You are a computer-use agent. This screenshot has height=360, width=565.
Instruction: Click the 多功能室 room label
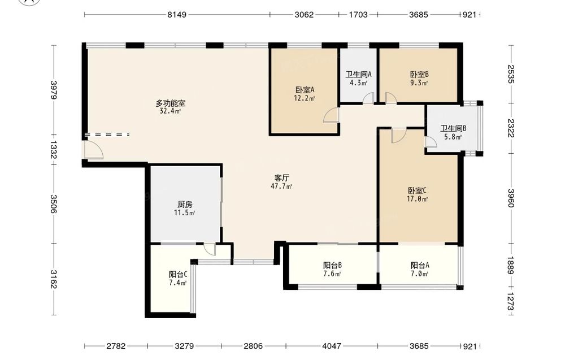[x=171, y=103]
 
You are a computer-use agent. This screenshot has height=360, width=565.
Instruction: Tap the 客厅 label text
[x=282, y=178]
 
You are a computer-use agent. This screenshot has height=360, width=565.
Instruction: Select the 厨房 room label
[x=185, y=205]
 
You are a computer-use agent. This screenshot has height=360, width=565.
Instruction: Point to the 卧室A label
[x=305, y=90]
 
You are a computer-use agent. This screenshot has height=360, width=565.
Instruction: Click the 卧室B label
[x=419, y=75]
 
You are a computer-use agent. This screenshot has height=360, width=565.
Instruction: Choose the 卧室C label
[x=418, y=190]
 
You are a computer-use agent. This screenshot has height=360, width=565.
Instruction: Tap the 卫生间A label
[x=359, y=75]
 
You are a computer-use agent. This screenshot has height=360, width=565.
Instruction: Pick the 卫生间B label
[x=453, y=128]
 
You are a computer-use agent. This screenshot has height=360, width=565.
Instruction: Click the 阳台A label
[x=420, y=266]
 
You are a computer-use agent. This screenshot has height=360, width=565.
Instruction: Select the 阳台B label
[x=332, y=266]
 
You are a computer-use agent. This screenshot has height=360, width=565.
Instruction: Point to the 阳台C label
[x=178, y=275]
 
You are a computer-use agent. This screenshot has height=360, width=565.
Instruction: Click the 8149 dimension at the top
[x=177, y=15]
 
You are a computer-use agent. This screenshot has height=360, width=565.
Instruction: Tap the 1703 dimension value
[x=358, y=15]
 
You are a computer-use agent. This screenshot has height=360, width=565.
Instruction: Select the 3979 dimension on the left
[x=53, y=90]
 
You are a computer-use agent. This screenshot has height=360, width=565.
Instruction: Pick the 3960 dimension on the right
[x=511, y=198]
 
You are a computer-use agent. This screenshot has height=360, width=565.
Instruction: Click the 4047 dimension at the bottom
[x=332, y=346]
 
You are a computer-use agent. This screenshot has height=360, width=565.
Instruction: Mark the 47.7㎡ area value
[x=281, y=186]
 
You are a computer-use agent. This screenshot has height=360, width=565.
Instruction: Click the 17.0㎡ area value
[x=418, y=199]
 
